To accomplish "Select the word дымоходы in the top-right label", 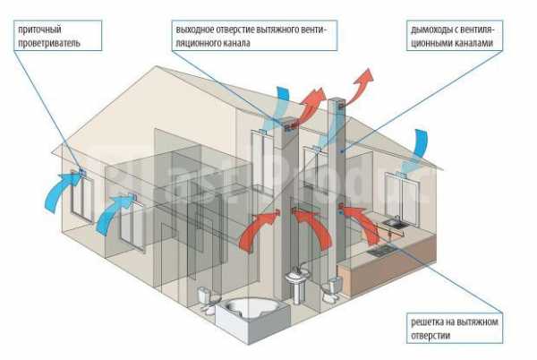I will point(422,29).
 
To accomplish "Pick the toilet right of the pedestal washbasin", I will point(334,287).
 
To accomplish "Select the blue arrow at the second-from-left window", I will point(112,213).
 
